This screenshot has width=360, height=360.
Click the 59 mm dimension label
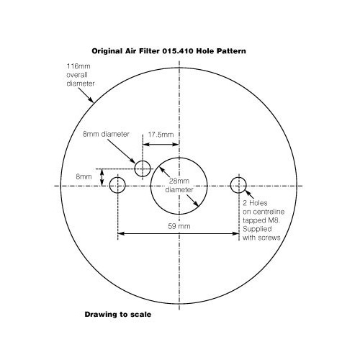tap(179, 226)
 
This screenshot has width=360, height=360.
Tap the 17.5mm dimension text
tap(161, 135)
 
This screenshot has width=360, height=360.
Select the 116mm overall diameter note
tap(81, 75)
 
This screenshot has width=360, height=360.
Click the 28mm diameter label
tap(179, 185)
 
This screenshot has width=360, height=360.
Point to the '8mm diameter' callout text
tap(106, 134)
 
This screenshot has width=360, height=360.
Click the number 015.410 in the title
tap(178, 51)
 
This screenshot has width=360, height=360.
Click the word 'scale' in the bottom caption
tap(140, 315)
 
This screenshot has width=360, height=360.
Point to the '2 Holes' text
tap(255, 203)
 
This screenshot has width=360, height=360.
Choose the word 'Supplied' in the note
tap(257, 229)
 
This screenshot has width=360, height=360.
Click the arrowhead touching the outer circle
tap(91, 99)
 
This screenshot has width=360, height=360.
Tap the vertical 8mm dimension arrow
tap(102, 177)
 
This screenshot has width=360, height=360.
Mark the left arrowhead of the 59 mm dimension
tap(121, 233)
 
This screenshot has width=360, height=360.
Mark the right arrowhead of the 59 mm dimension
tap(236, 233)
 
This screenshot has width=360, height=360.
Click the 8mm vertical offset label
tap(84, 177)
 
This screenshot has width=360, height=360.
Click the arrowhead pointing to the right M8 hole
tap(247, 192)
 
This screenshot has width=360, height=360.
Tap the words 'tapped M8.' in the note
tap(261, 220)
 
